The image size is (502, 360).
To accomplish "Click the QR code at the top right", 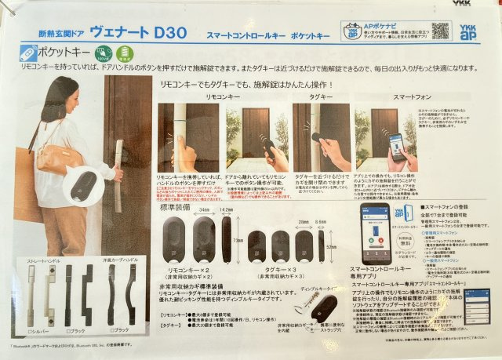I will click(x=440, y=30).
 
